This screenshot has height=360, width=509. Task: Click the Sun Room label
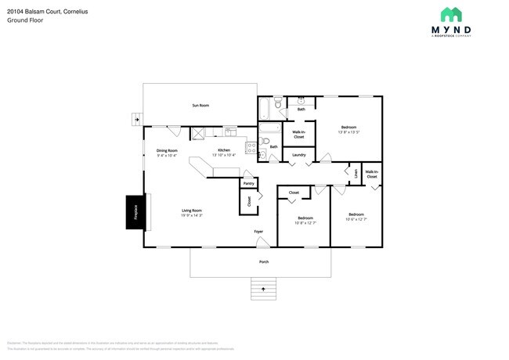(x=200, y=105)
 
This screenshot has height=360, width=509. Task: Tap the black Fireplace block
(x=134, y=211)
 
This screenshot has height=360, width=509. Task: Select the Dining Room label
(x=167, y=153)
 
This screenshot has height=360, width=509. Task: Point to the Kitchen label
(x=224, y=152)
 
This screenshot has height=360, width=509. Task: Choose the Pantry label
(x=248, y=184)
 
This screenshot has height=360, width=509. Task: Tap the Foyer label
(x=258, y=232)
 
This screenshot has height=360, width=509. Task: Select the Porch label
(x=264, y=261)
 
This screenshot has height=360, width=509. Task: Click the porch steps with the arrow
(x=264, y=288)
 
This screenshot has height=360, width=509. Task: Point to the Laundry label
(x=298, y=155)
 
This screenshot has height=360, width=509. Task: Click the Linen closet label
(x=356, y=173)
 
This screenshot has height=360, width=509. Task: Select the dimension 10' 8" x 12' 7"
(x=305, y=221)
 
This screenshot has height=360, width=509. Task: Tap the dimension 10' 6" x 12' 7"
(x=356, y=218)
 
